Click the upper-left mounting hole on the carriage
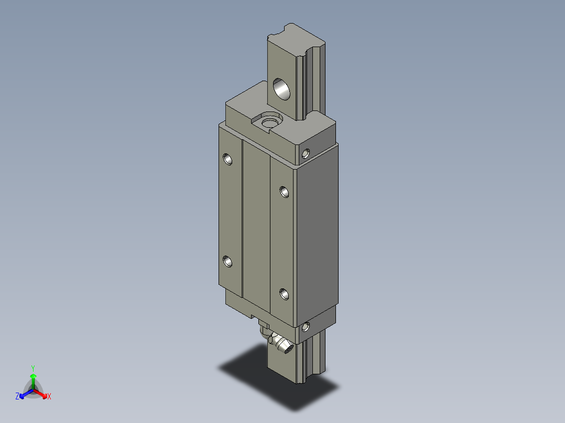click(227, 158)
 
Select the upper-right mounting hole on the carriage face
click(284, 192)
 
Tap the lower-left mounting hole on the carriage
click(227, 261)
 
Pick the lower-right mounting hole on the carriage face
click(284, 294)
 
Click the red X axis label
click(49, 397)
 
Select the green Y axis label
click(33, 368)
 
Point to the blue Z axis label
click(17, 397)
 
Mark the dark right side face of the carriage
click(318, 236)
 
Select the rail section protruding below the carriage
click(283, 366)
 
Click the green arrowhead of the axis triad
click(33, 376)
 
